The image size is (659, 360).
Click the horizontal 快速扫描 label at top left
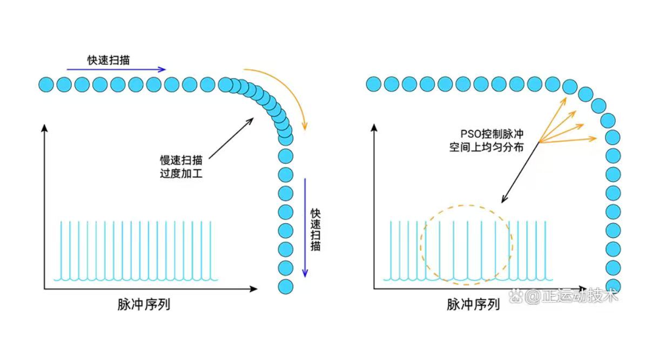click(109, 59)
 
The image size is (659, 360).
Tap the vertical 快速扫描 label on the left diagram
click(315, 230)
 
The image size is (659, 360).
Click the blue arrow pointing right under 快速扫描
click(116, 69)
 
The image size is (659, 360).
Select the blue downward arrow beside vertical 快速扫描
click(305, 227)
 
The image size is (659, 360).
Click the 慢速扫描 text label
click(181, 161)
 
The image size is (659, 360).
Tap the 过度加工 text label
click(181, 174)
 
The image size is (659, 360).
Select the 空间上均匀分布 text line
click(486, 146)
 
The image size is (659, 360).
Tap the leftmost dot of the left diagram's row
click(46, 84)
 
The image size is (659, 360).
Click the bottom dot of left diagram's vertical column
click(286, 286)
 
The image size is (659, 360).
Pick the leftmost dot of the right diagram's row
click(374, 84)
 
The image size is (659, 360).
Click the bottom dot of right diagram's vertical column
click(613, 285)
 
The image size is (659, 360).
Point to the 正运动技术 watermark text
click(573, 296)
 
